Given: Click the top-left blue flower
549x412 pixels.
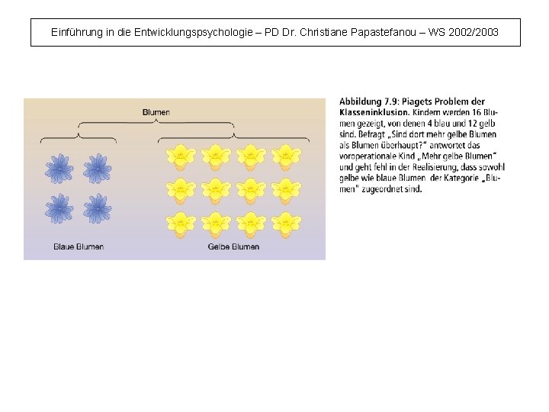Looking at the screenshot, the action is coord(59,169).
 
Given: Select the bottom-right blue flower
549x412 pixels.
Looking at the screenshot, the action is coord(97,208).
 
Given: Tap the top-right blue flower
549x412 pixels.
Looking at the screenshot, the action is coord(97,169).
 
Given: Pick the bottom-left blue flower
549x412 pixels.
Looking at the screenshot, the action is coord(59,208).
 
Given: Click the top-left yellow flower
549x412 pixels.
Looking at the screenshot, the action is coord(181,157).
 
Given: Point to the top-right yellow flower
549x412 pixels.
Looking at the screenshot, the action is coord(286,157).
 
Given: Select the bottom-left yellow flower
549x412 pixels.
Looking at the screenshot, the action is coord(181,224).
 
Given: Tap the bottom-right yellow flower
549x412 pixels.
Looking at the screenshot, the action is coord(286,224).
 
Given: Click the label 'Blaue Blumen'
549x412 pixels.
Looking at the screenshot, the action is coord(79,246).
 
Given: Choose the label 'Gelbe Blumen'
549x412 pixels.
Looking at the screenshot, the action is coord(233,246).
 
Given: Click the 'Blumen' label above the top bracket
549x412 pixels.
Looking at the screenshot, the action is coord(156,112).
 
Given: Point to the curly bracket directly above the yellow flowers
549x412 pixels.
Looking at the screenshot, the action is coord(233,137).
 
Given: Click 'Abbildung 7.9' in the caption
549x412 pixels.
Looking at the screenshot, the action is coord(369,101).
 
